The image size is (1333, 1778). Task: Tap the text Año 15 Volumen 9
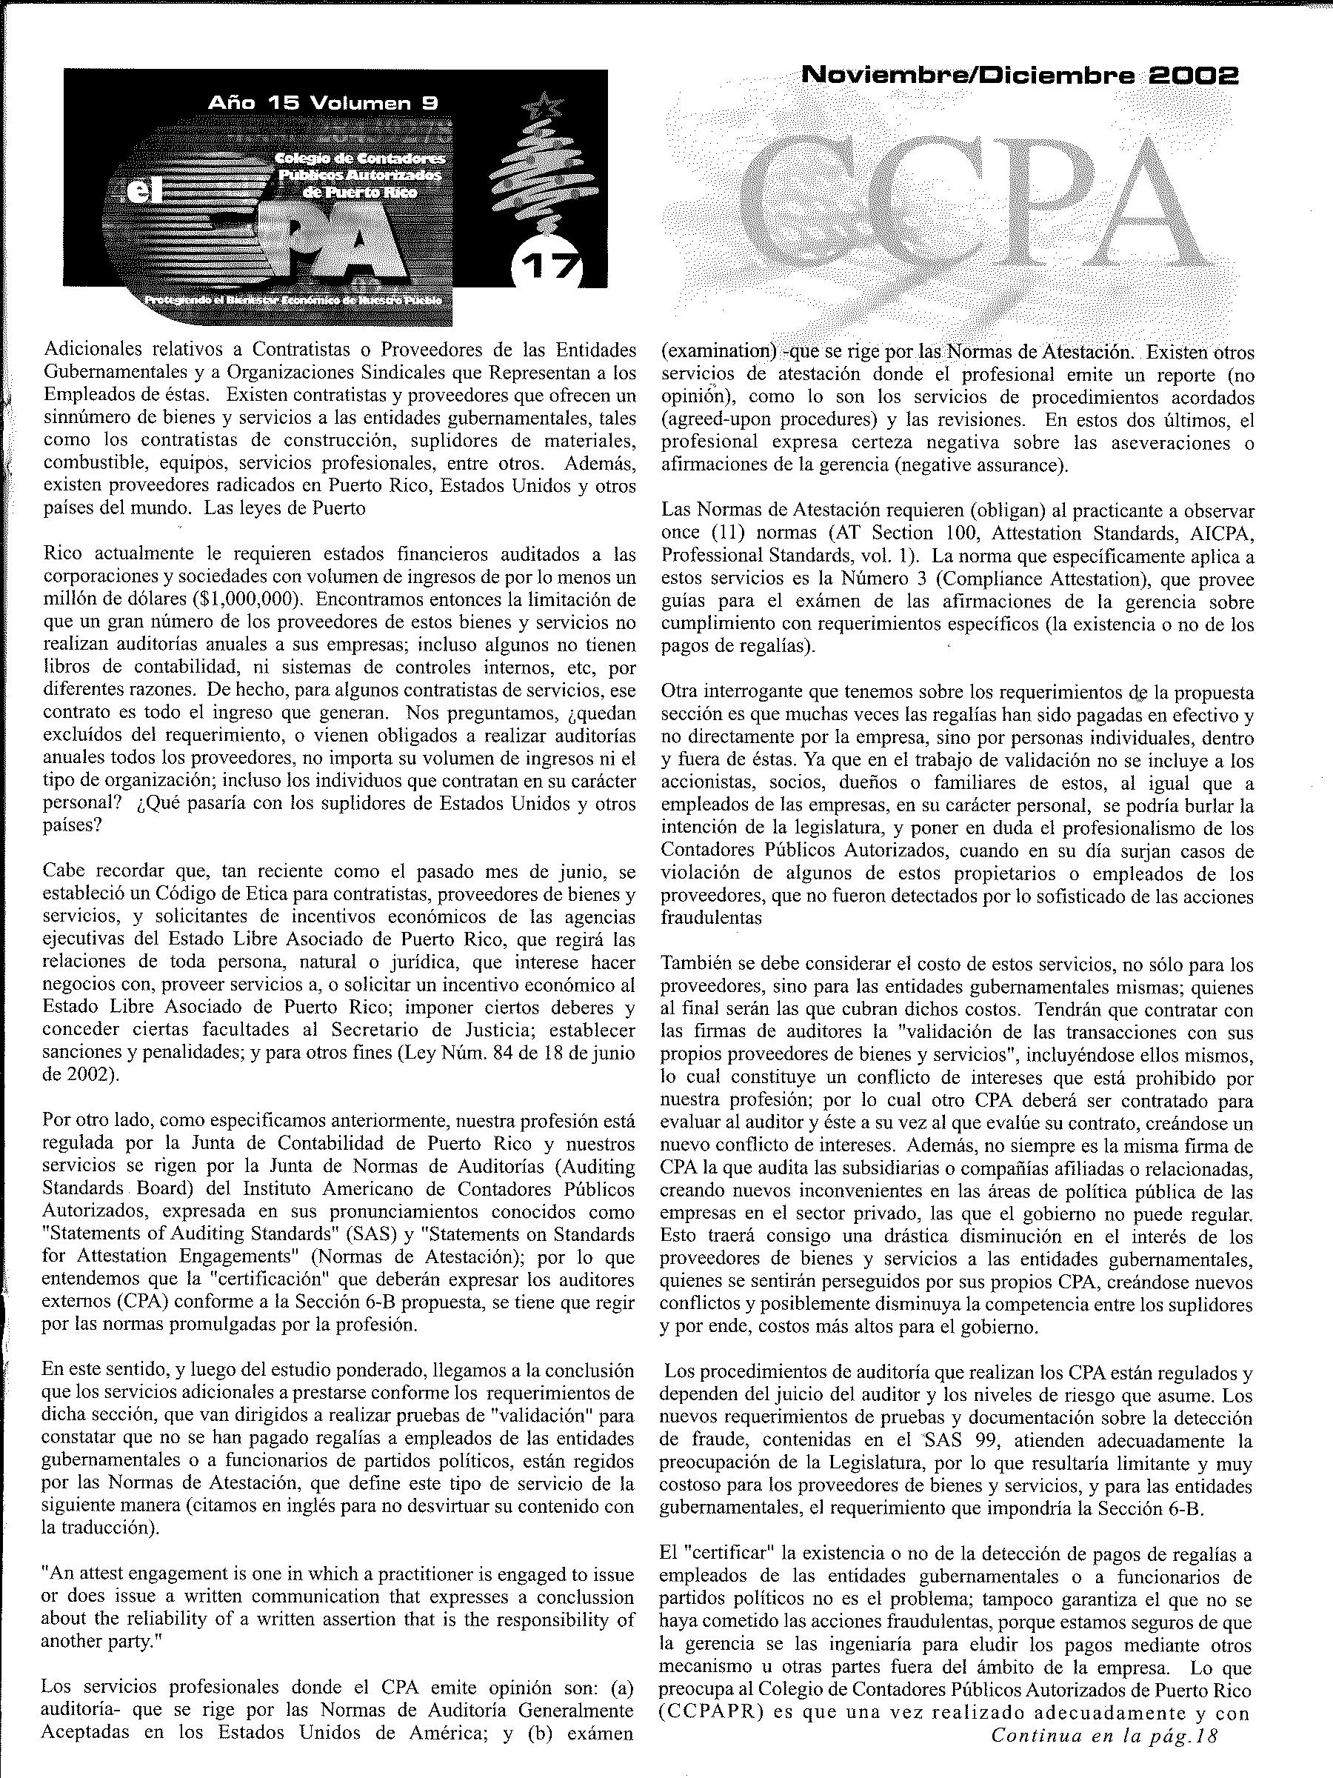point(322,102)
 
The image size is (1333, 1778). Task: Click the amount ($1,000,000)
point(240,599)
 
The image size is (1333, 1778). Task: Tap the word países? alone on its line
point(72,825)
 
